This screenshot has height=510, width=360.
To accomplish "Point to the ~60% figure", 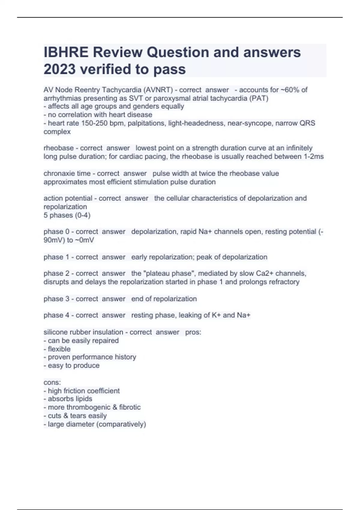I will [290, 90].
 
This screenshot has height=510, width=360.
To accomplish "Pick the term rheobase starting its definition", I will [58, 148].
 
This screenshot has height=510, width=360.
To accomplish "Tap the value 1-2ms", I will [313, 156].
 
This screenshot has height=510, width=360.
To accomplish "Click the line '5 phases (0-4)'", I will [67, 215].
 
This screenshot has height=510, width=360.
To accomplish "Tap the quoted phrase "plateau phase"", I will [169, 273].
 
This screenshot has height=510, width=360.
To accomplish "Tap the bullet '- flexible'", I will [57, 349].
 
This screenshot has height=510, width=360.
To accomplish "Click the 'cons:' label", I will [52, 382].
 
